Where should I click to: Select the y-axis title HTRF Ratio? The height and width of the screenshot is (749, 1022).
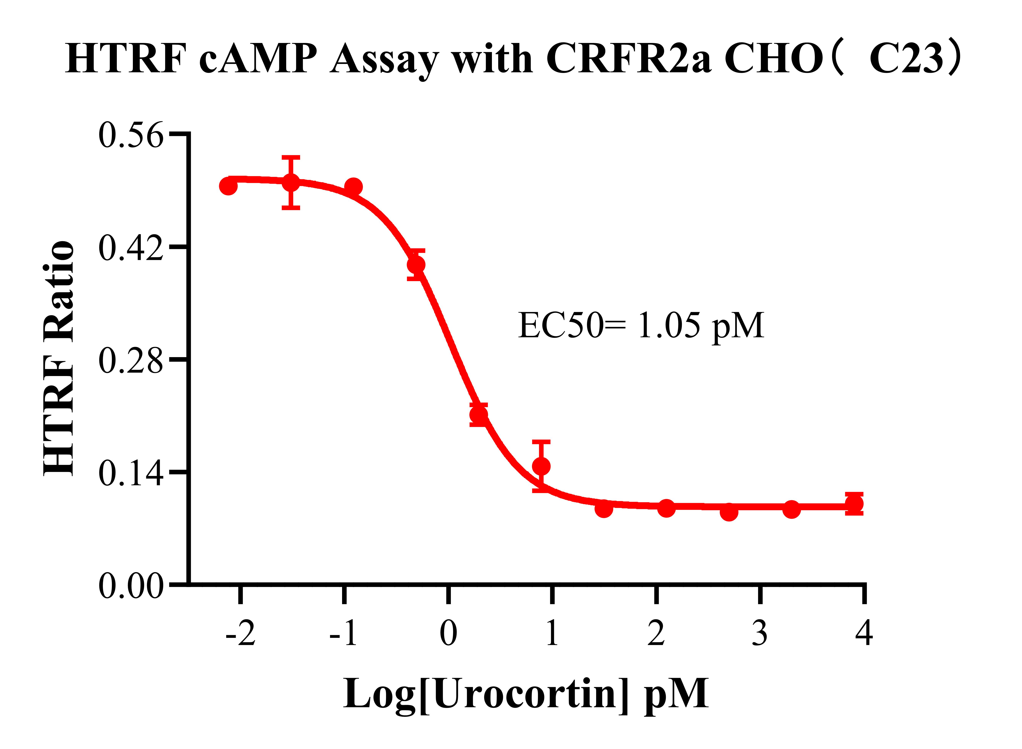click(x=59, y=358)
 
